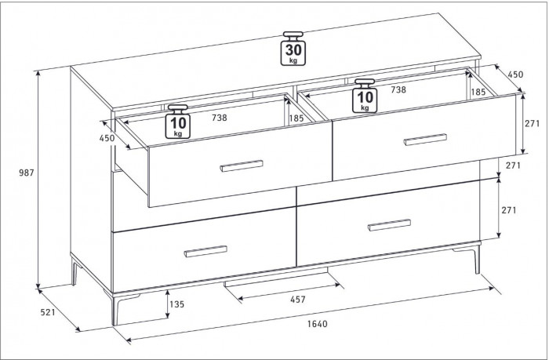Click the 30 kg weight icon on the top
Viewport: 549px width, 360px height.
[x=293, y=49]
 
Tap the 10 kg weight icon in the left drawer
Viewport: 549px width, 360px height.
[x=178, y=121]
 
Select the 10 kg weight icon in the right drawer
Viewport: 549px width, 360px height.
[x=365, y=96]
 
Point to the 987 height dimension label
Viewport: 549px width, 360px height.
[x=26, y=173]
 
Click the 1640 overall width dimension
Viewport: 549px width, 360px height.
[x=318, y=324]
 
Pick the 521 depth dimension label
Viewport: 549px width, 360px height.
[x=48, y=311]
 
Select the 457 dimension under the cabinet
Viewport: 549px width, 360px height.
[x=298, y=300]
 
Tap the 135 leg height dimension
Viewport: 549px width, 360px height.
[x=176, y=304]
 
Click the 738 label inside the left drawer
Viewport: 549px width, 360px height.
[x=220, y=118]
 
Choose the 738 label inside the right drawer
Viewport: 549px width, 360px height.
[x=398, y=90]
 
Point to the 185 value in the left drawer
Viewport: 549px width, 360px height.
[x=296, y=118]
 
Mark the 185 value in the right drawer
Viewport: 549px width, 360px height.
[x=478, y=92]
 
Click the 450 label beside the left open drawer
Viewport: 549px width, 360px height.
[x=107, y=138]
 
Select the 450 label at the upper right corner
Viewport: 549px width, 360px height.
[x=515, y=75]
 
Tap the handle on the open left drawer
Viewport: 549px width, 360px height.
[x=242, y=166]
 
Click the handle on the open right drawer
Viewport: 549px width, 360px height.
[x=425, y=139]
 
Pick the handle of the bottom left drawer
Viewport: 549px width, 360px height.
[x=205, y=252]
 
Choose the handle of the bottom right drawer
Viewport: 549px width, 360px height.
[x=389, y=225]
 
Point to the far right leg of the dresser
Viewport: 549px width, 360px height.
[x=477, y=259]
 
